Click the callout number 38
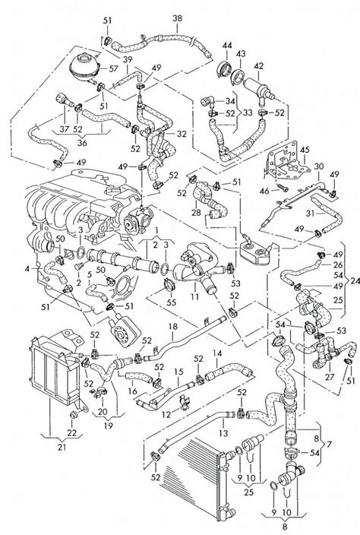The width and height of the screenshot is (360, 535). tap(177, 17)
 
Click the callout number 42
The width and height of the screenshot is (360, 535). tap(260, 66)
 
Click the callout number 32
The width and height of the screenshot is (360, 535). tap(181, 134)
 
